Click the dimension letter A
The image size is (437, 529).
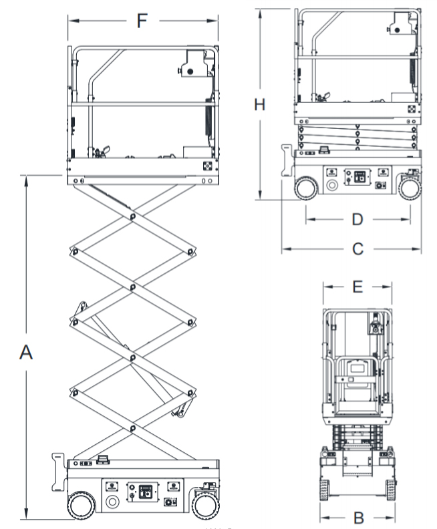[26, 352]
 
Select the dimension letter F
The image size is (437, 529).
[141, 21]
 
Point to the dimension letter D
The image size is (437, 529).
[357, 218]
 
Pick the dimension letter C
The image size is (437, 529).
[357, 249]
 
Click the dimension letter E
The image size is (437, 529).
[357, 287]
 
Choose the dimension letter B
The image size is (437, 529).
[358, 517]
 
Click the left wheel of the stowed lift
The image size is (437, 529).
[306, 188]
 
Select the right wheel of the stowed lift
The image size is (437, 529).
[410, 188]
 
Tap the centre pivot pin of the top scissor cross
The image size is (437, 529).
[132, 216]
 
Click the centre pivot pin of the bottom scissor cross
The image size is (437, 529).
[132, 427]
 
